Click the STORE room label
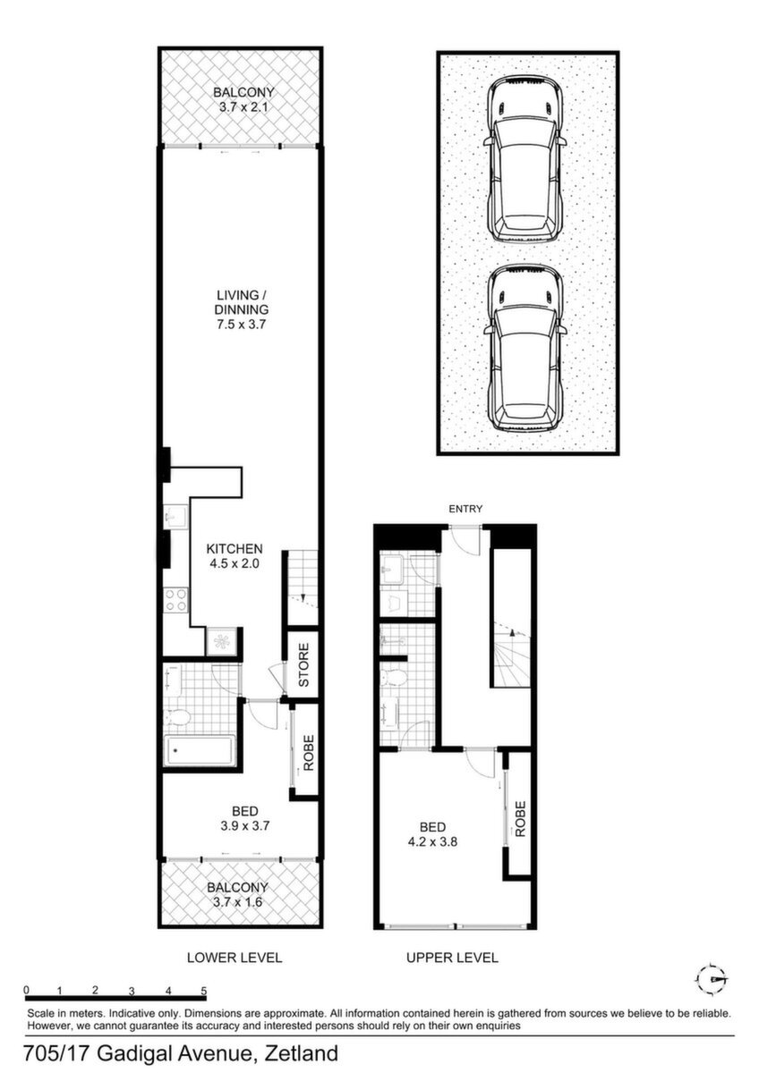[x=304, y=665]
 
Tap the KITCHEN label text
[x=235, y=548]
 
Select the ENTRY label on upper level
[x=465, y=509]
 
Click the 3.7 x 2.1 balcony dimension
[x=243, y=106]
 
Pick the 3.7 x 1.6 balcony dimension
[x=238, y=902]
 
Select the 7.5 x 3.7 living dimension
[x=241, y=325]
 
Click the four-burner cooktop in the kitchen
[x=175, y=600]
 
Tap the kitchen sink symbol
[x=173, y=517]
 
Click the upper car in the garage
[x=525, y=158]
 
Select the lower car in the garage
[x=525, y=348]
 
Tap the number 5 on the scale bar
[x=204, y=990]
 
